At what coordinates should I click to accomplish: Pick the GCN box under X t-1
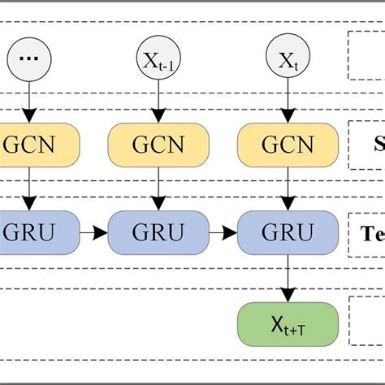point(158,146)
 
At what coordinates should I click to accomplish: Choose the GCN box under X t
point(287,146)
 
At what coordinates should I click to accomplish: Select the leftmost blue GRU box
point(32,233)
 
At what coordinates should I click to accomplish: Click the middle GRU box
point(158,233)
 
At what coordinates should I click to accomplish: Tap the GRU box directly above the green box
point(287,233)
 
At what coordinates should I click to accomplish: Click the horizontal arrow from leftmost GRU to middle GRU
point(93,234)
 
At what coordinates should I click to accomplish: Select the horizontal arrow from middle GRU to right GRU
point(222,234)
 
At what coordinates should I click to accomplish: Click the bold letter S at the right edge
point(379,146)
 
